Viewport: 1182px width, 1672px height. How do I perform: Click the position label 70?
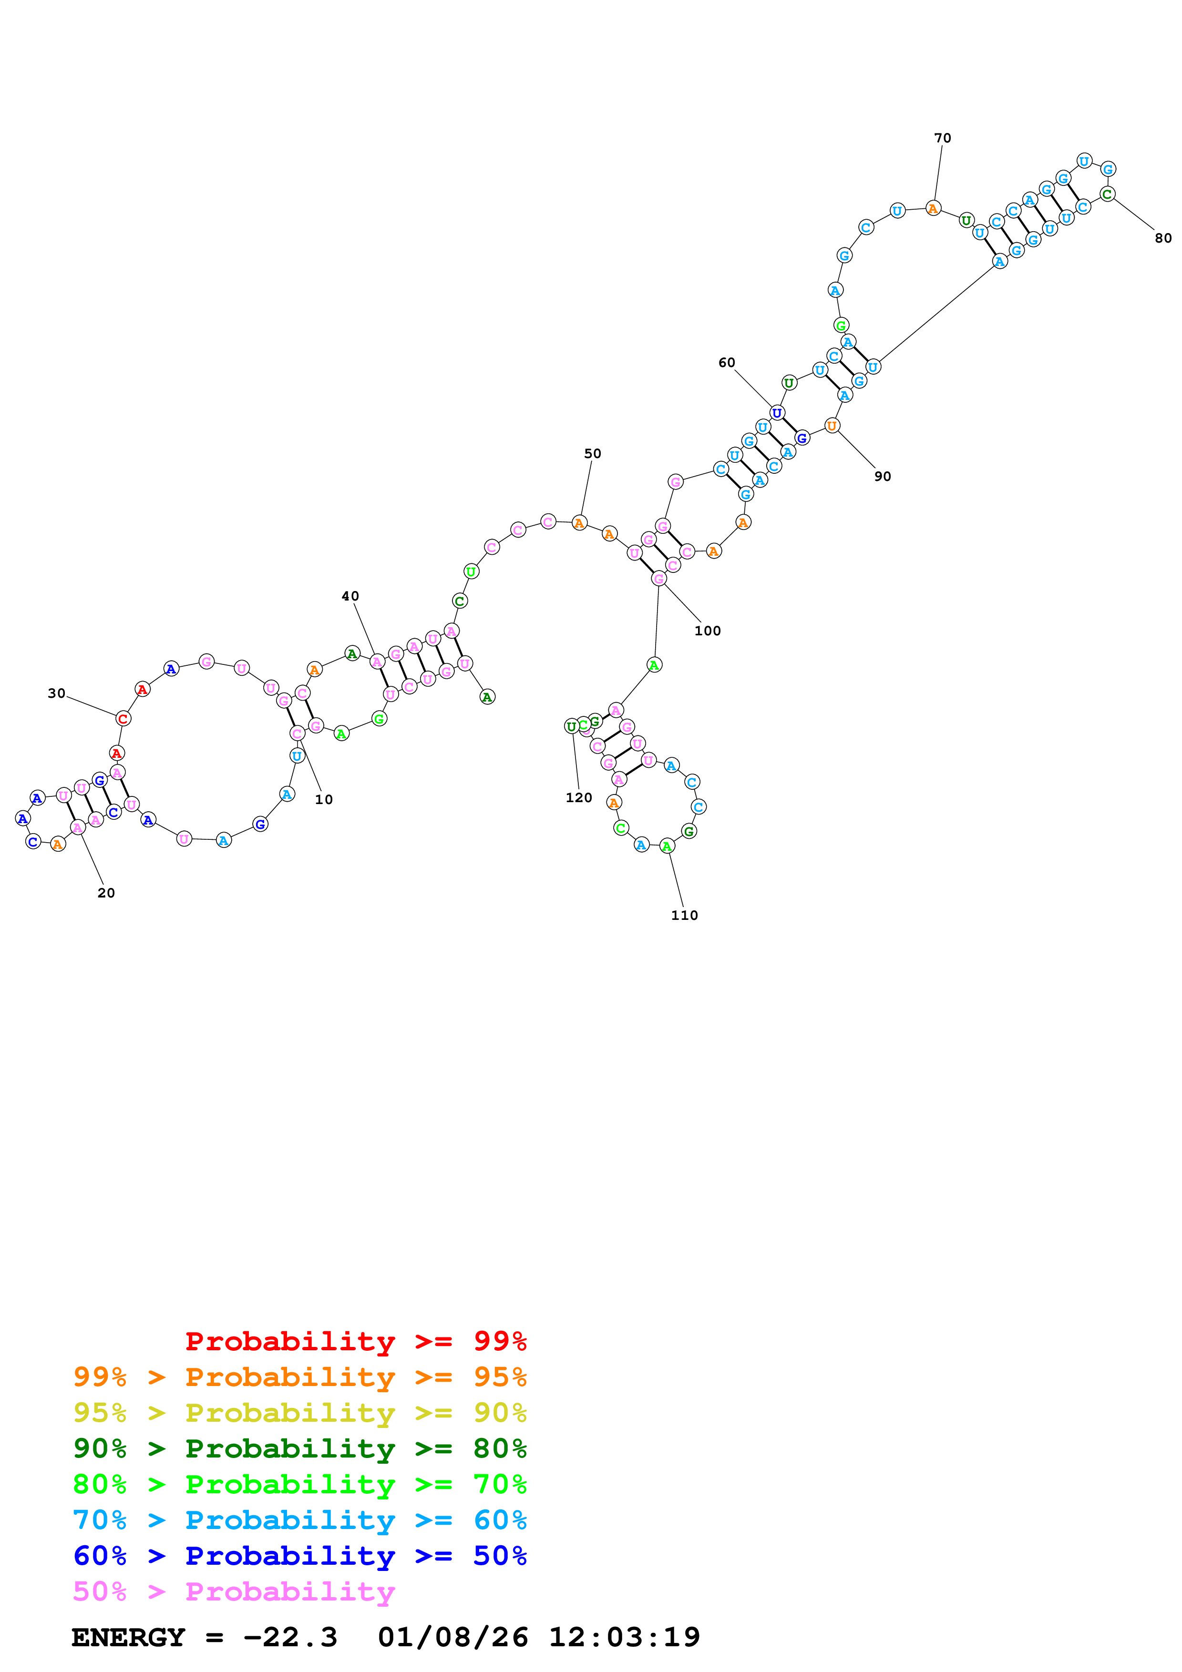[942, 138]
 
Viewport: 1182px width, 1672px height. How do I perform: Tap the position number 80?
[1163, 238]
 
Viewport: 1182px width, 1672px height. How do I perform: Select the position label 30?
[56, 693]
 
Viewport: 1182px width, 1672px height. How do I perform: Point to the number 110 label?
[684, 916]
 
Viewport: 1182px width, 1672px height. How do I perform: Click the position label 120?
[579, 797]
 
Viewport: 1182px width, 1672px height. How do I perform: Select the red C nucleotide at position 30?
[123, 719]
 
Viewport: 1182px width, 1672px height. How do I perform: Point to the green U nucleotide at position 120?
[572, 726]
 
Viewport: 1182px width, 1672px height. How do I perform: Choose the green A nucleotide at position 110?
[667, 846]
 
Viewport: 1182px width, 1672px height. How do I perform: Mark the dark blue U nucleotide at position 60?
[777, 413]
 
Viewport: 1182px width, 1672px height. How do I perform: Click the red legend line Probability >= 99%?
[355, 1341]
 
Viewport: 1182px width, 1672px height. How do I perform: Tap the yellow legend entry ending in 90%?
[299, 1412]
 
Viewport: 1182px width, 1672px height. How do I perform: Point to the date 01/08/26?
[452, 1637]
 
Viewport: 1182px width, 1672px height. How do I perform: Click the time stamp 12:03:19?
[624, 1637]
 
